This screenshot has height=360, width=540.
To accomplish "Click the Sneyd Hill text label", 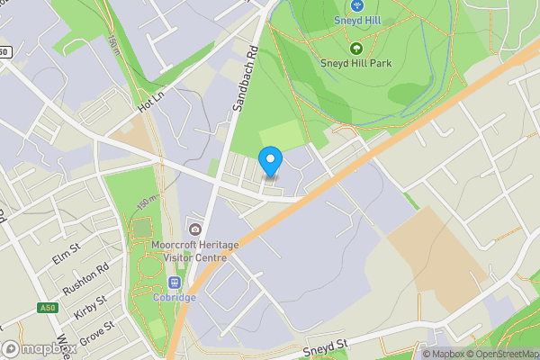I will pyautogui.click(x=357, y=20).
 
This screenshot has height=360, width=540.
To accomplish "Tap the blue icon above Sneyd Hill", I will pyautogui.click(x=356, y=5).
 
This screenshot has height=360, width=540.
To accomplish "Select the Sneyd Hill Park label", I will pyautogui.click(x=355, y=63).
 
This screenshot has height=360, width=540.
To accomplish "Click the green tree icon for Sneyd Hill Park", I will pyautogui.click(x=355, y=48).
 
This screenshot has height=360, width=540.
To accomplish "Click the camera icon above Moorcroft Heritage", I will pyautogui.click(x=195, y=228).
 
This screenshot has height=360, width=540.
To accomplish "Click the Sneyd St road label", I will pyautogui.click(x=325, y=346).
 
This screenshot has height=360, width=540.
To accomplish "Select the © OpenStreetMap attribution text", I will pyautogui.click(x=500, y=354).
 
